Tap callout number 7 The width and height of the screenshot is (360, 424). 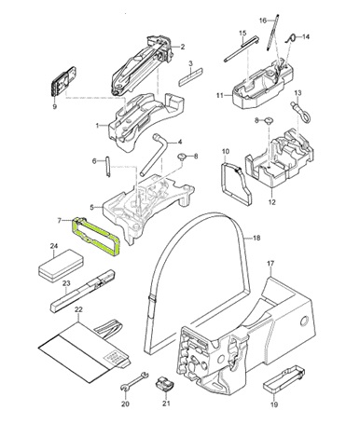(x=60, y=221)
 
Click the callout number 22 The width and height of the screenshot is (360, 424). (x=78, y=308)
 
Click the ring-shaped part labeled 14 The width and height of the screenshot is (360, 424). (x=294, y=38)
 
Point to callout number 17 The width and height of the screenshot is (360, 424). (x=270, y=265)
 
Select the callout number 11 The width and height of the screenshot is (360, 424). (x=220, y=95)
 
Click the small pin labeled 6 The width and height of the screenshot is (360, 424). (x=108, y=173)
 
